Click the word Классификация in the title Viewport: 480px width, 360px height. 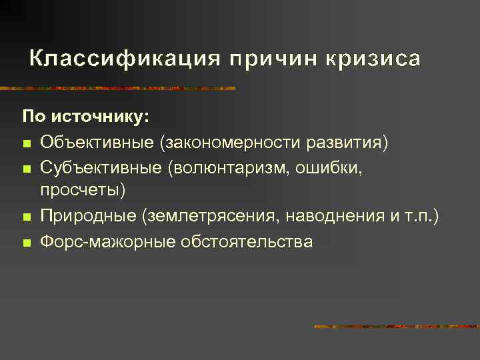[125, 59]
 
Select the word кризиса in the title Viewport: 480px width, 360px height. [373, 59]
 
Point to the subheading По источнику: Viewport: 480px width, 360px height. [77, 117]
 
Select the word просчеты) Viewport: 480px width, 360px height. [83, 191]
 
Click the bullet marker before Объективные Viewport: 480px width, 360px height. [26, 143]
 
